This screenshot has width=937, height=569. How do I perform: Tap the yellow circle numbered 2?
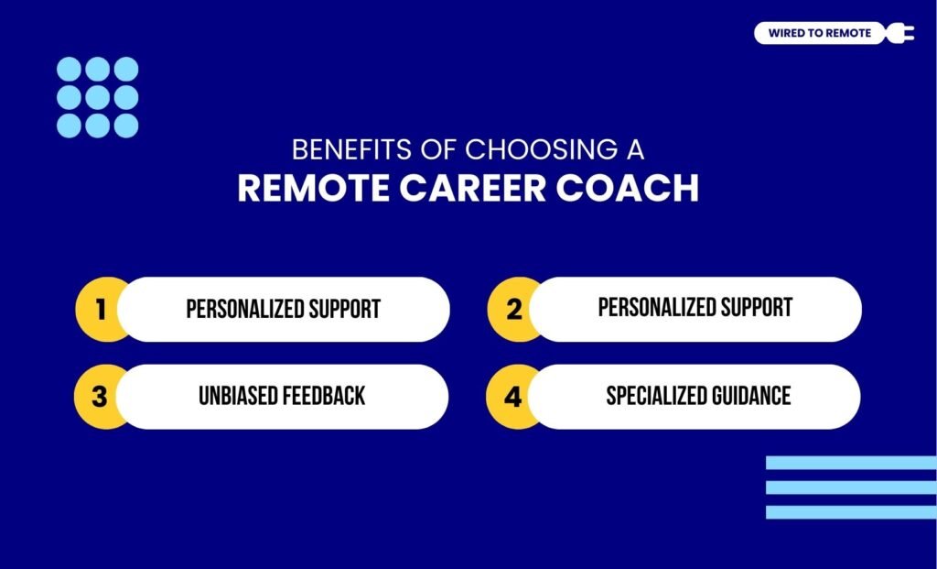512,310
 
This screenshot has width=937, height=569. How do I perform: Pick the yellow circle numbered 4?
512,397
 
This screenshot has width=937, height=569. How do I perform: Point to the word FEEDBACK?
324,396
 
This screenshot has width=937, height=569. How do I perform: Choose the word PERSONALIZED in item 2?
651,308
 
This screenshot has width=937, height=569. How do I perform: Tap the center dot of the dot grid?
98,97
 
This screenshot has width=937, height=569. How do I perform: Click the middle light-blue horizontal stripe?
851,487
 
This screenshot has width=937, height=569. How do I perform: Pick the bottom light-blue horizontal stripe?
851,512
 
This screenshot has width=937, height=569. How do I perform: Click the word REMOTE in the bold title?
310,187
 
